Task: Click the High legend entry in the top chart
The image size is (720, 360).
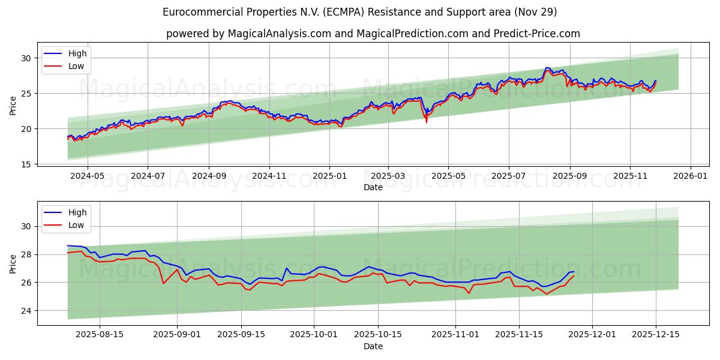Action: pos(77,53)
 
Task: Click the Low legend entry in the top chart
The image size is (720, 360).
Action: pos(76,66)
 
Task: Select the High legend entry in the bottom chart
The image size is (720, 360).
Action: pos(77,212)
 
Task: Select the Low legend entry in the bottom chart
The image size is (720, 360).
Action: pos(76,225)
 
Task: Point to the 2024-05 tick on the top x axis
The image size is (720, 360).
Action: pos(88,177)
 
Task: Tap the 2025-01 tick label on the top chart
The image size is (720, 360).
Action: pos(329,177)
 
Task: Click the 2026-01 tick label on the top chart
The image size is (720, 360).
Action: pos(691,177)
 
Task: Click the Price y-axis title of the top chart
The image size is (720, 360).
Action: pos(13,106)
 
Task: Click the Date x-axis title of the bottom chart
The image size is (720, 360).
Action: pos(373,346)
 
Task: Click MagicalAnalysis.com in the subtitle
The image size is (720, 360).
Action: pos(279,34)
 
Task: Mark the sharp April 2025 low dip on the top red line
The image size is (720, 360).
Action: pos(427,122)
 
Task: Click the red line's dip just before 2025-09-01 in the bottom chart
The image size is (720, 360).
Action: pos(163,283)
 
